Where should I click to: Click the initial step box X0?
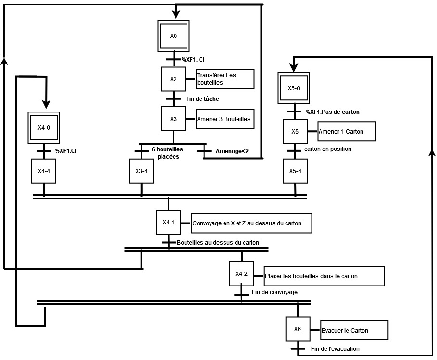pos(174,36)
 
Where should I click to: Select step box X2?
pos(173,79)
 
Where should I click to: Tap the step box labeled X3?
pos(173,119)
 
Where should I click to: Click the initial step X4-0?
pos(44,128)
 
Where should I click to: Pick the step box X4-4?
pos(44,171)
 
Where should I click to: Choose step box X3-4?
pos(141,171)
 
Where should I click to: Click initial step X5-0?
pos(294,88)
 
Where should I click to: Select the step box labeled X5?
pos(295,131)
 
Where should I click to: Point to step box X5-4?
pos(295,171)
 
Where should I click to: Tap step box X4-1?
pos(168,222)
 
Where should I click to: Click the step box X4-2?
pos(241,274)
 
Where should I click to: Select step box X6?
pos(298,329)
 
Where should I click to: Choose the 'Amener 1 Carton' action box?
pos(347,131)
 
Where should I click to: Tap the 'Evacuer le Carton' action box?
pos(354,330)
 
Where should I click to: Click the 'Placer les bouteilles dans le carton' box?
pos(325,276)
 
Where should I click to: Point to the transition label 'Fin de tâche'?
pos(202,99)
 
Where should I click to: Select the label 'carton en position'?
pos(328,149)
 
